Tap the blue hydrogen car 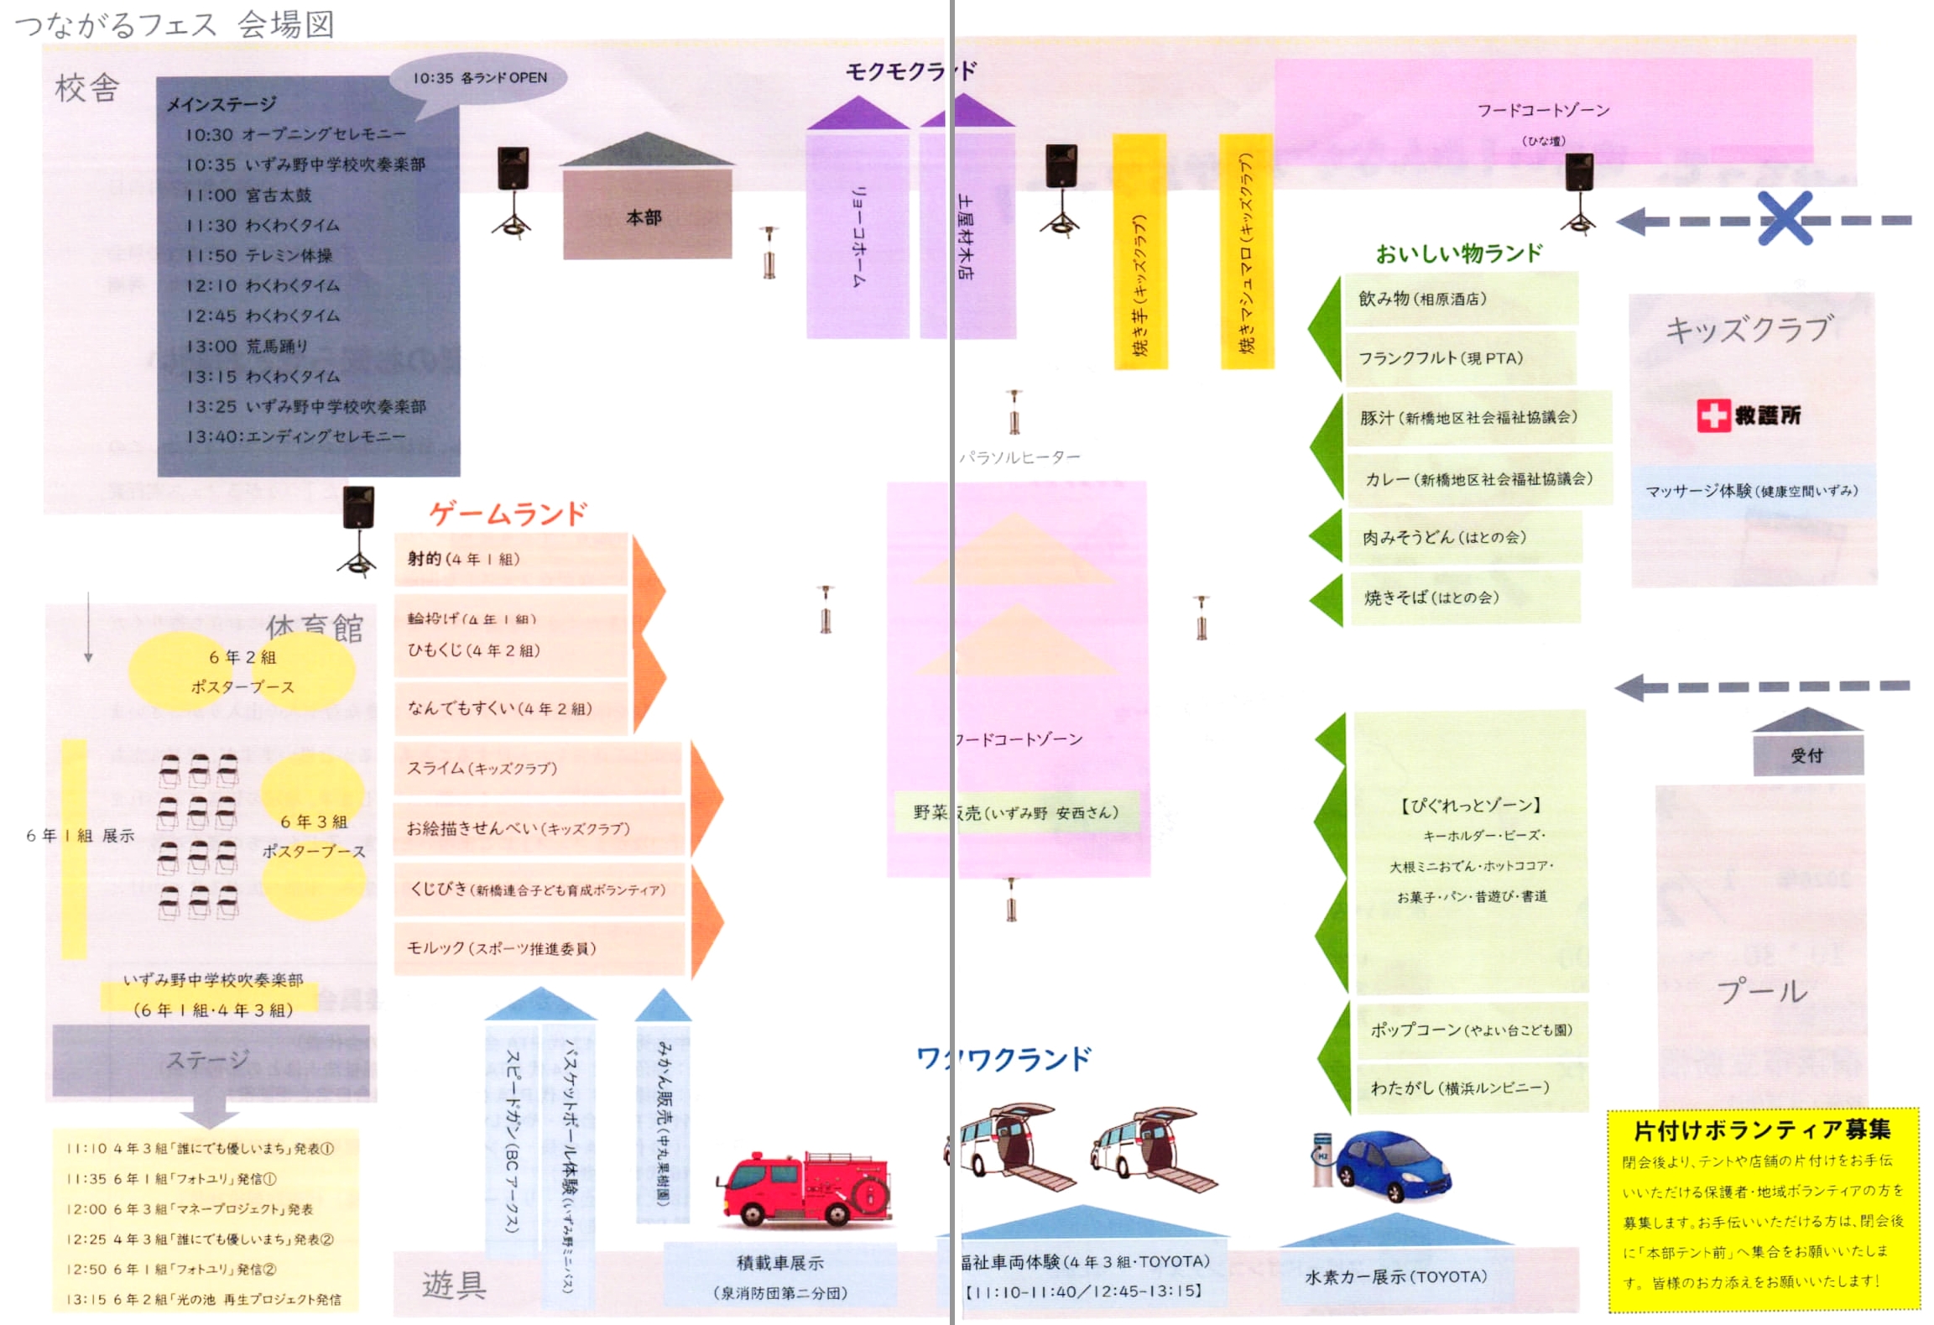[x=1393, y=1166]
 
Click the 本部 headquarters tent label [x=644, y=217]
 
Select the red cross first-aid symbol [x=1712, y=415]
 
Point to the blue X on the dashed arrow [x=1784, y=218]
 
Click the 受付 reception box [x=1807, y=755]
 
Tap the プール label [x=1762, y=992]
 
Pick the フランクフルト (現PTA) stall [x=1460, y=358]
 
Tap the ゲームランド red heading [x=508, y=514]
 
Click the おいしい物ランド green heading [x=1458, y=253]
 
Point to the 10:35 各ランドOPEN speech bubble [x=479, y=78]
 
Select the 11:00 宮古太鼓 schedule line [x=248, y=196]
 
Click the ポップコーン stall [x=1471, y=1030]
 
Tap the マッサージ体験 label [x=1751, y=491]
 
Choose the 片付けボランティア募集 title [x=1761, y=1130]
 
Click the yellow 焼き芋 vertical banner [x=1139, y=252]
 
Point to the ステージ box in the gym [x=210, y=1060]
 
